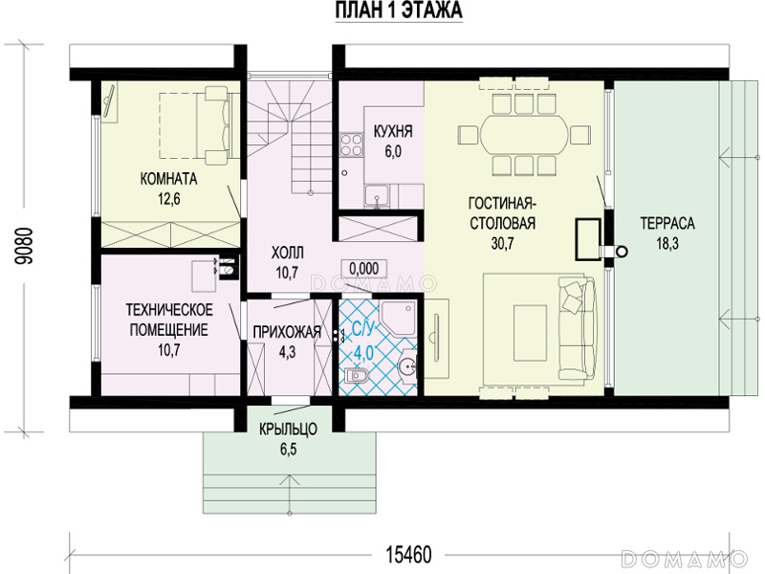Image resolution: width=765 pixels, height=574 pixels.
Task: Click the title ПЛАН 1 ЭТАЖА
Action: tap(399, 11)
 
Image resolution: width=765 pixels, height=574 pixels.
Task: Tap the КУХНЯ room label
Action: tap(393, 131)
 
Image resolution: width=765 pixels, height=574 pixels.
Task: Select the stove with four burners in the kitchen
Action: tap(351, 144)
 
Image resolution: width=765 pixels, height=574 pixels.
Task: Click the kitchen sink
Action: tap(376, 196)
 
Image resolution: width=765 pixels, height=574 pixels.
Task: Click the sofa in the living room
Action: tap(578, 329)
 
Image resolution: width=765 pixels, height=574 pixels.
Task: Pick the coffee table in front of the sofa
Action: tap(530, 332)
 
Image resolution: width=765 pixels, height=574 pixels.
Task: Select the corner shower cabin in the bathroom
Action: tap(398, 318)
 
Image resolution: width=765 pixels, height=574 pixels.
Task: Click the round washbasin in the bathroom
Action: tap(407, 364)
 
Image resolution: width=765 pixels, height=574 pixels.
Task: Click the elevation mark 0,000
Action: tap(364, 269)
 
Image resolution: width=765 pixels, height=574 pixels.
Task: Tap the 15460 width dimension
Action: tap(409, 555)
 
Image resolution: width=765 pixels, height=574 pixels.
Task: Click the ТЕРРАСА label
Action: tap(667, 224)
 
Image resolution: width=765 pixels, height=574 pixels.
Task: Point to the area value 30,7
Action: tap(503, 243)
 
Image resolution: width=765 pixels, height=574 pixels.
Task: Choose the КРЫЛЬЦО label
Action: tap(289, 429)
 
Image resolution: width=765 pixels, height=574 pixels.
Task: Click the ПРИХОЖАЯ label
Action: tap(287, 332)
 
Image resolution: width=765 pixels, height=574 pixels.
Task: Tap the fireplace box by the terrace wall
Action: tap(588, 239)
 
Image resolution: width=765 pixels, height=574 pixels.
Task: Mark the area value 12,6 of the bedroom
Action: tap(169, 199)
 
